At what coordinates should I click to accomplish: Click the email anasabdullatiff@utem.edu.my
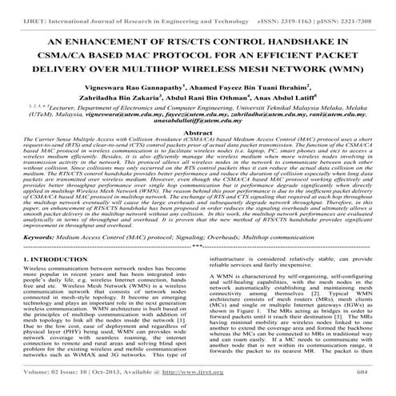(198, 143)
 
